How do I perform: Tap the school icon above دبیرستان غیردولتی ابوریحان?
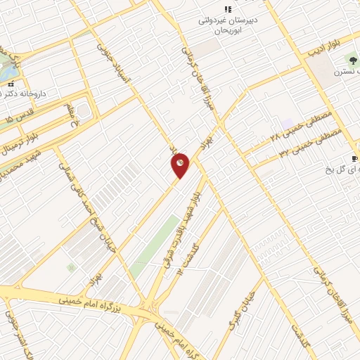click(227, 9)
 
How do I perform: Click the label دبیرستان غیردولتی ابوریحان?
click(227, 27)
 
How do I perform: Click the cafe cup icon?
click(354, 158)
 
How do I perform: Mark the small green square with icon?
click(70, 267)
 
